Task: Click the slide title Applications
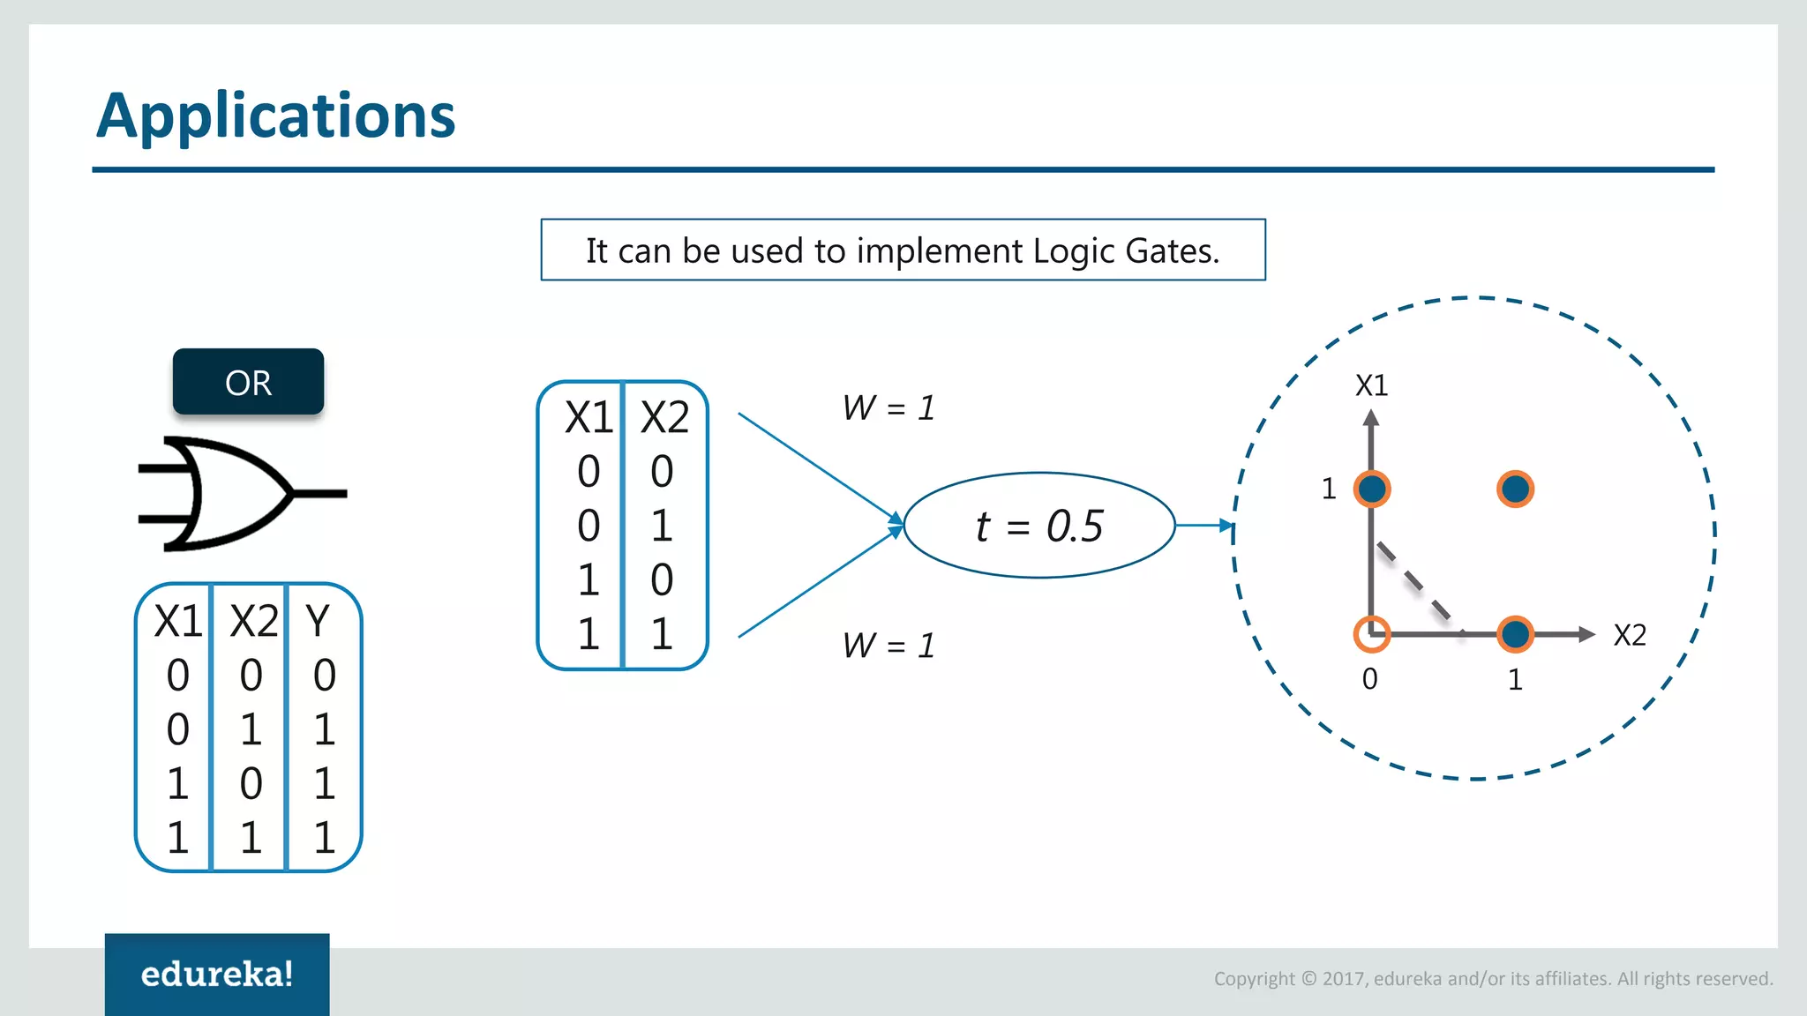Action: pyautogui.click(x=275, y=116)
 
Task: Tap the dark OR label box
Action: pyautogui.click(x=248, y=382)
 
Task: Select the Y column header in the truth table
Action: pyautogui.click(x=318, y=621)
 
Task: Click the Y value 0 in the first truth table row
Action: pyautogui.click(x=324, y=676)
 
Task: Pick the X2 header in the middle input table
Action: pyautogui.click(x=664, y=417)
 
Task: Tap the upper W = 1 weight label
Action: pyautogui.click(x=888, y=407)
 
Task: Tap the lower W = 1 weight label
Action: pyautogui.click(x=888, y=645)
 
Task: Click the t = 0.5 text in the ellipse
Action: pyautogui.click(x=1039, y=527)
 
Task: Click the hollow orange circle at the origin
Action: pyautogui.click(x=1371, y=633)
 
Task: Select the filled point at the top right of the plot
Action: pyautogui.click(x=1515, y=489)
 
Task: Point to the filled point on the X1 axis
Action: pyautogui.click(x=1371, y=489)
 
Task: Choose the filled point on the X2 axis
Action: pyautogui.click(x=1515, y=633)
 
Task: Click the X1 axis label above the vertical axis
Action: pyautogui.click(x=1371, y=385)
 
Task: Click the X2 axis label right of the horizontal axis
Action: pyautogui.click(x=1629, y=635)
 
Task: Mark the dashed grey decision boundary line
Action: pyautogui.click(x=1414, y=583)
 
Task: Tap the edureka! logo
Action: pyautogui.click(x=217, y=974)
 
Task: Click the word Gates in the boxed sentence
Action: pyautogui.click(x=1172, y=251)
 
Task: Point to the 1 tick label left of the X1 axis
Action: pyautogui.click(x=1329, y=489)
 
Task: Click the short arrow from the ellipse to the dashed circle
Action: pyautogui.click(x=1203, y=526)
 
